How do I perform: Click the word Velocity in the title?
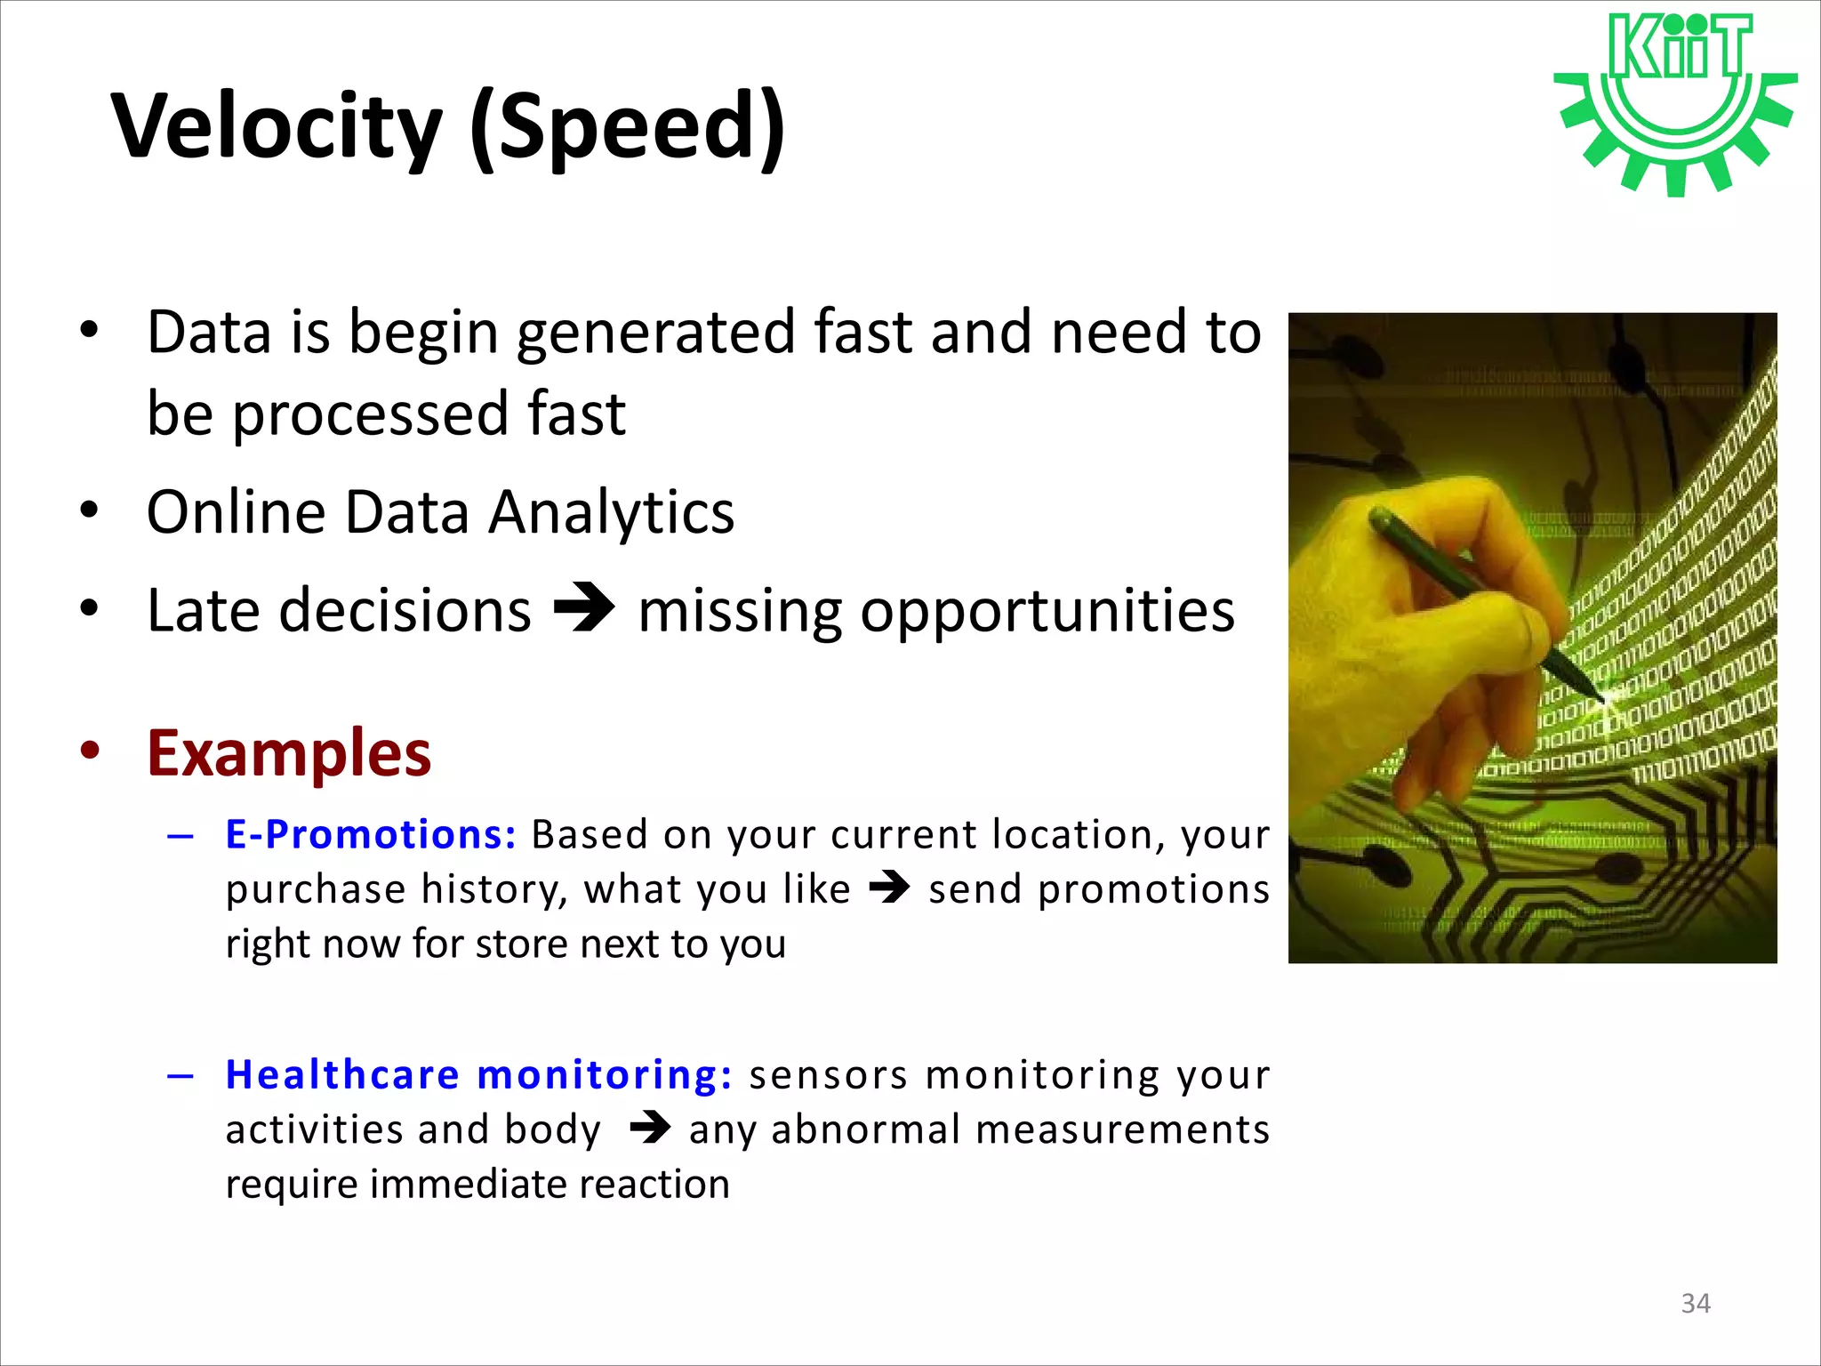point(277,126)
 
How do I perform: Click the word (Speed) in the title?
point(628,126)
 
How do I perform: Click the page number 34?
point(1696,1304)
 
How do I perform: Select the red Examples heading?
point(289,753)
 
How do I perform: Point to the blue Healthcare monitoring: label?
point(479,1074)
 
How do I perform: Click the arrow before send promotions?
point(889,888)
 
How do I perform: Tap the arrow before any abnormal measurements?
point(650,1129)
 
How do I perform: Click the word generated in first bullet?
point(656,333)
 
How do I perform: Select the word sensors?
point(829,1074)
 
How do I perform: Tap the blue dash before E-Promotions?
point(180,836)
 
